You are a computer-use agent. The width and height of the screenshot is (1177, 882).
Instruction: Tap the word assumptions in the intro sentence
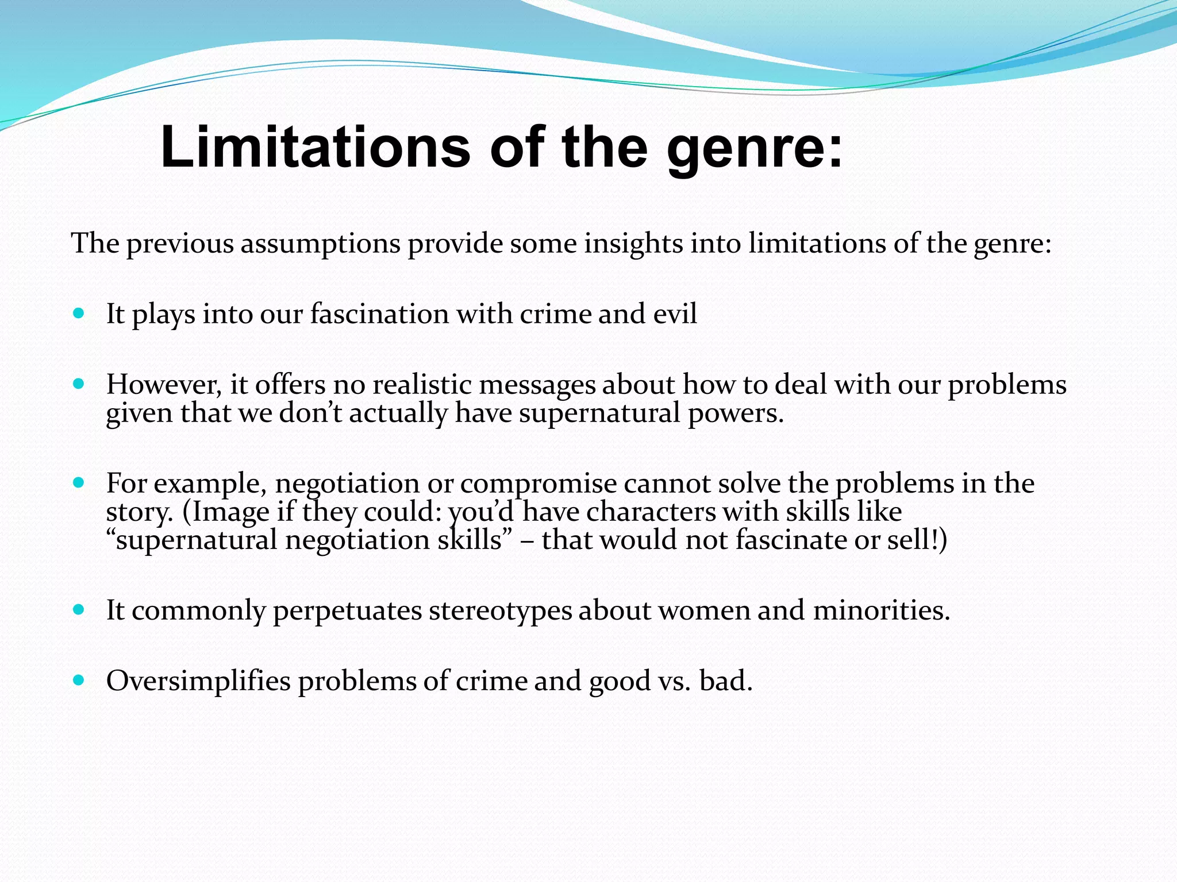tap(320, 243)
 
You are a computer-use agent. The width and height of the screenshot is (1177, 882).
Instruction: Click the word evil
tap(675, 314)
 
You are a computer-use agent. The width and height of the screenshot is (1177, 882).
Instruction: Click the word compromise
tap(539, 483)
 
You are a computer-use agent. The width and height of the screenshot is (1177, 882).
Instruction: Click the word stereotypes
tap(500, 610)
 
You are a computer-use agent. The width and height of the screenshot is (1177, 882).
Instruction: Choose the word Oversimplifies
tap(198, 681)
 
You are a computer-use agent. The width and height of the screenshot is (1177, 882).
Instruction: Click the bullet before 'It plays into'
tap(79, 314)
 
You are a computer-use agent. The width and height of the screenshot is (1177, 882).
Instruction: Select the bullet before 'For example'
tap(79, 483)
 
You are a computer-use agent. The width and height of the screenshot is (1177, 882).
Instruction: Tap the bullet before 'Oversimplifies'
tap(79, 680)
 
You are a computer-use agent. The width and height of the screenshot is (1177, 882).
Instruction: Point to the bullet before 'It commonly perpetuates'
tap(79, 610)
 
